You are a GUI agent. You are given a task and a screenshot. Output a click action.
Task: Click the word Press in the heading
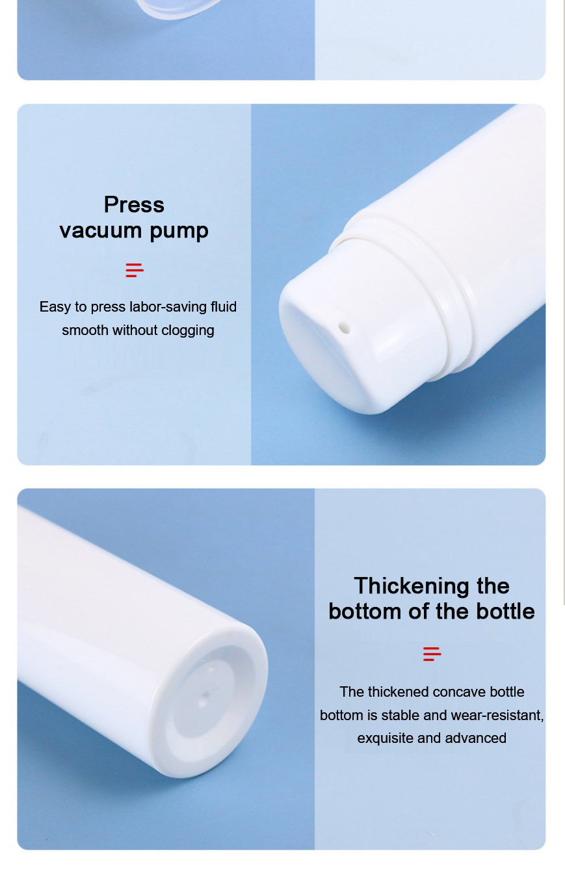click(x=134, y=205)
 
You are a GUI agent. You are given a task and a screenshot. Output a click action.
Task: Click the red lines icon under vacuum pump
click(x=135, y=270)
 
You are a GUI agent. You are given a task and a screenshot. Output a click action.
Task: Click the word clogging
click(x=188, y=330)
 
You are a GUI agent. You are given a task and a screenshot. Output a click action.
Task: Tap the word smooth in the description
click(x=85, y=330)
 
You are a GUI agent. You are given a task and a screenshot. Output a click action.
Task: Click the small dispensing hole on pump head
click(x=345, y=328)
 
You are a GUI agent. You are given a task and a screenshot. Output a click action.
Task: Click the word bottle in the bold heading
click(x=505, y=611)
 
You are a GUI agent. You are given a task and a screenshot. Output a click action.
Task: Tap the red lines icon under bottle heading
click(x=432, y=654)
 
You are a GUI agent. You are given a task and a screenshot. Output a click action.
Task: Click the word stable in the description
click(x=401, y=716)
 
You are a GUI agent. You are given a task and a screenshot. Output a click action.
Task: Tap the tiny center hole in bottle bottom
click(x=205, y=699)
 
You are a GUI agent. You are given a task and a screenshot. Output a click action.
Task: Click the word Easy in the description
click(x=55, y=307)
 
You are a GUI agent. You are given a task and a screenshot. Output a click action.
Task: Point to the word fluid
click(x=224, y=307)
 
